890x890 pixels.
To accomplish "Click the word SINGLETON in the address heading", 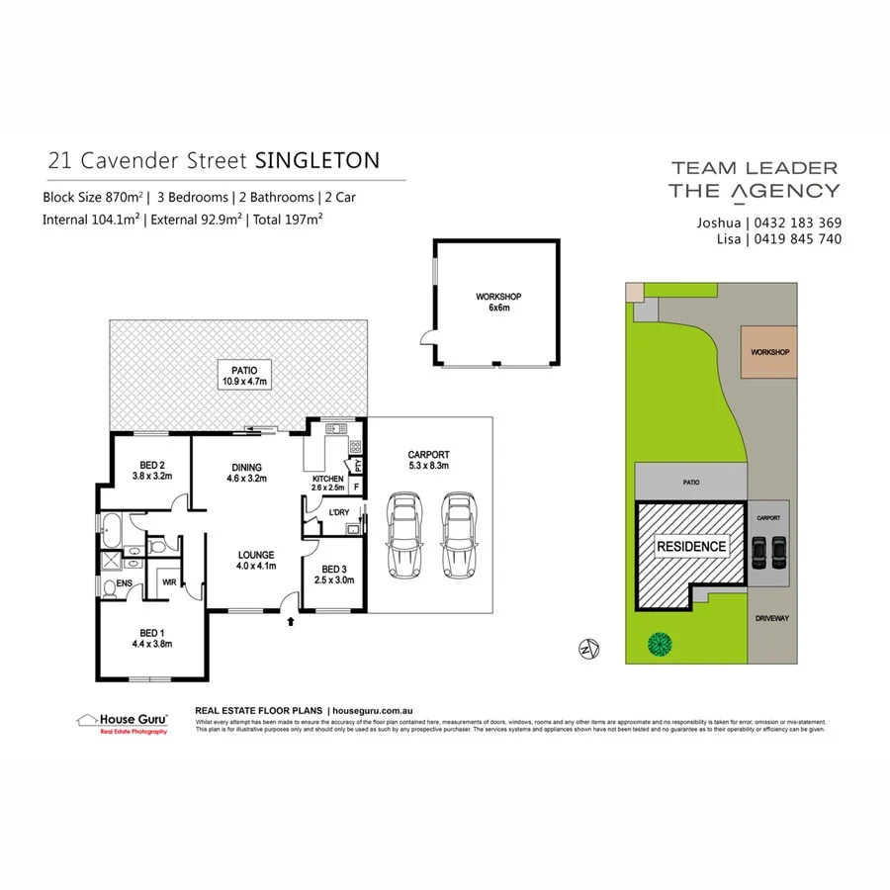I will [317, 160].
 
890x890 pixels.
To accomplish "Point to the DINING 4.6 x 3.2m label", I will [246, 473].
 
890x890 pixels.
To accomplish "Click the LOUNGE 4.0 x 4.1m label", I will [255, 560].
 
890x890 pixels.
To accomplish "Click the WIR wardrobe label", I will [169, 582].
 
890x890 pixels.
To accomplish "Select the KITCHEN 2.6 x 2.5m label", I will [327, 482].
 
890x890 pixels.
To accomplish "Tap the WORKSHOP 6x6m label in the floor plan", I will [498, 302].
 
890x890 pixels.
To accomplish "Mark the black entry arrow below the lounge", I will [290, 622].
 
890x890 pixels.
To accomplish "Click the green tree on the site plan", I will [659, 645].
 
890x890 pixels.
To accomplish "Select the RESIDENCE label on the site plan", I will [691, 546].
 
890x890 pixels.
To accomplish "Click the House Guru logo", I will [122, 722].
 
